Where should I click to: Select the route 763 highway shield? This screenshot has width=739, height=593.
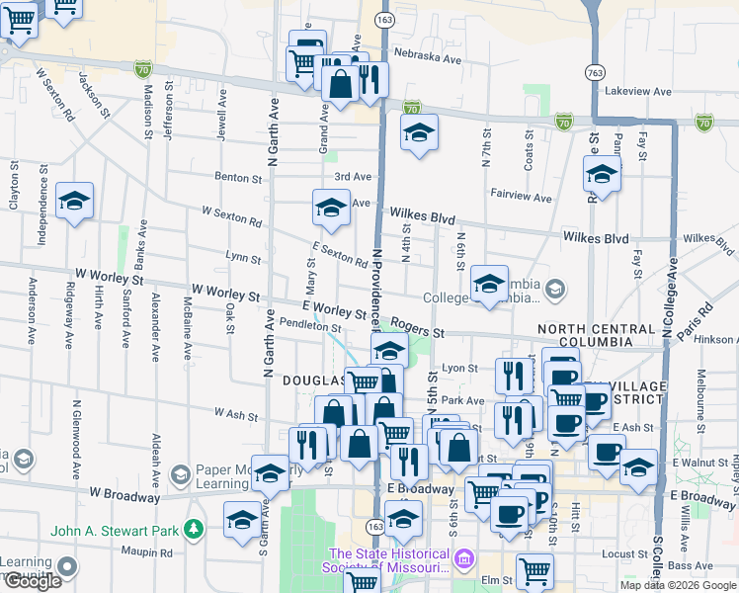tap(594, 72)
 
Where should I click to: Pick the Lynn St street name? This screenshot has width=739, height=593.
tap(243, 259)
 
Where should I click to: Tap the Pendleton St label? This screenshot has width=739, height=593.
tap(309, 325)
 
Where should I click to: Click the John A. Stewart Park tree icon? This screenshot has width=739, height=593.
tap(195, 531)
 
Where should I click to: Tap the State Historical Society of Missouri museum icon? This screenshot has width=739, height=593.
tap(463, 562)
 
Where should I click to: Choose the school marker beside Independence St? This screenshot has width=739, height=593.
tap(74, 203)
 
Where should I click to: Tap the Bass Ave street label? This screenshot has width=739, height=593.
tap(684, 565)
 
